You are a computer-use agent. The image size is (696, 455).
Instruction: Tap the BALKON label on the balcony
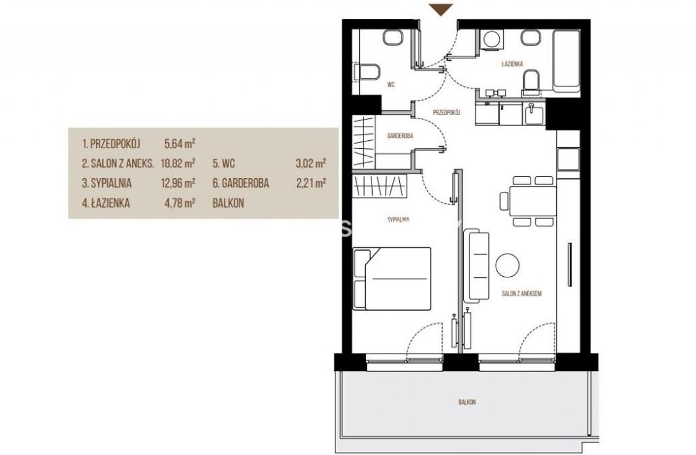(467, 402)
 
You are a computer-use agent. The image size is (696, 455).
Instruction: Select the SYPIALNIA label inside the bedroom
(398, 219)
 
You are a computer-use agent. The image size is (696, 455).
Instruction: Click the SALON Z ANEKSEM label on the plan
(521, 293)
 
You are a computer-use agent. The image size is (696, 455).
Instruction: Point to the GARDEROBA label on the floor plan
(400, 136)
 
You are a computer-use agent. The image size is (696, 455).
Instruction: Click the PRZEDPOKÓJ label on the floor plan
(447, 112)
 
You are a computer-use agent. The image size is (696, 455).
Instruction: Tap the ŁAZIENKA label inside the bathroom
(512, 64)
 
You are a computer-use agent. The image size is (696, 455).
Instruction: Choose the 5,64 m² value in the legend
(179, 144)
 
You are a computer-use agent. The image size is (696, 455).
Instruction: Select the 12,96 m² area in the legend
(178, 183)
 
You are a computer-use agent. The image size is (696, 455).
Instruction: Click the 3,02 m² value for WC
(311, 163)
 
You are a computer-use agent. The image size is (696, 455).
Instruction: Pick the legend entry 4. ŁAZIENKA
(106, 203)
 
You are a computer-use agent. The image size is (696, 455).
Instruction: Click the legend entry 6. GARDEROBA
(241, 183)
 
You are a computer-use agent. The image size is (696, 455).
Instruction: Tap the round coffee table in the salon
(508, 266)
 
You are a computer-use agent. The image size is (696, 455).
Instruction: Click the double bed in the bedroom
(392, 278)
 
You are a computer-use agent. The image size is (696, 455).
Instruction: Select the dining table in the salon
(533, 201)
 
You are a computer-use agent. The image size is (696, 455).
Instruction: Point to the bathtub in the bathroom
(566, 60)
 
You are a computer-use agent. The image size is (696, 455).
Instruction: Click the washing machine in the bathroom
(492, 40)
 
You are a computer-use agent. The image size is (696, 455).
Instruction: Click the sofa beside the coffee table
(476, 266)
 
